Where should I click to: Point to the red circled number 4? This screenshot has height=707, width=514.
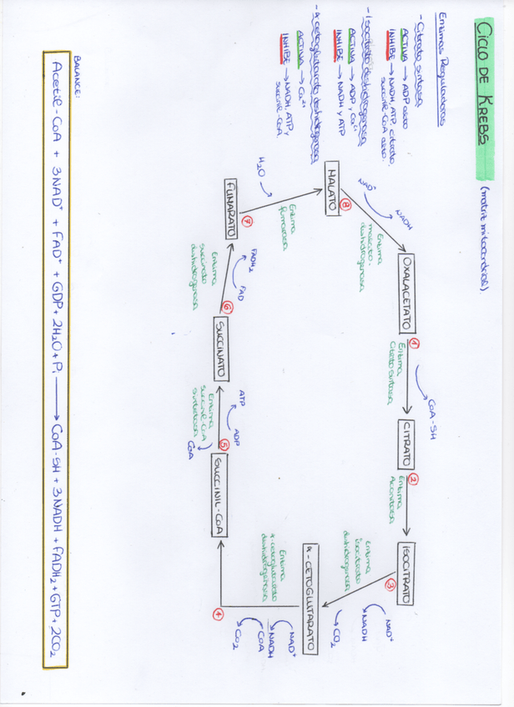[x=219, y=614]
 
